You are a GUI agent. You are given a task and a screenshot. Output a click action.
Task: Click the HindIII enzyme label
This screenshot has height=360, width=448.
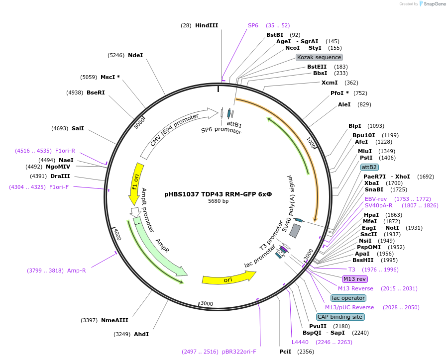207,25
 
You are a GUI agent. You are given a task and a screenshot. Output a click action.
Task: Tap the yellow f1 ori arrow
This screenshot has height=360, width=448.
135,182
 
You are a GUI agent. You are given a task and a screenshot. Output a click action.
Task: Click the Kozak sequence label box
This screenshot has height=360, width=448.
319,57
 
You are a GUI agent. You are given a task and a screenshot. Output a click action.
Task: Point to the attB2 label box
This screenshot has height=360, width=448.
369,167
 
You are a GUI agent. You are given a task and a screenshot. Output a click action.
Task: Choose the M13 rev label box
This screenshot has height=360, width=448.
355,279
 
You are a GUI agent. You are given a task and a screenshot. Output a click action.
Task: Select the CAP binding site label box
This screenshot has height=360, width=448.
340,317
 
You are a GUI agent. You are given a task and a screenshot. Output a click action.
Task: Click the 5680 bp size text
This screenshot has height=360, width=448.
218,201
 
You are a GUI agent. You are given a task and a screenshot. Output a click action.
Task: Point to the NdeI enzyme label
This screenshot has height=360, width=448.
135,55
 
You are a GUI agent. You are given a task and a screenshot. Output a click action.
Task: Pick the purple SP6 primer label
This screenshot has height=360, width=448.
253,25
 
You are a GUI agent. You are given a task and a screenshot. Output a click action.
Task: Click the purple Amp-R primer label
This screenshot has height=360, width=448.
77,270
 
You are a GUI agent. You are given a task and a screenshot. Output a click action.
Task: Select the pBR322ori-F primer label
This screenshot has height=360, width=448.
239,352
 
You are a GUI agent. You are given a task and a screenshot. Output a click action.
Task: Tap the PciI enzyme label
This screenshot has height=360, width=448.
285,352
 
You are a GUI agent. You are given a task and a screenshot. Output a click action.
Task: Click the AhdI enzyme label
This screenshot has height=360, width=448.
141,334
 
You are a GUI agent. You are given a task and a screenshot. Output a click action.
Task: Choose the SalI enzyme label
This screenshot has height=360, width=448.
78,128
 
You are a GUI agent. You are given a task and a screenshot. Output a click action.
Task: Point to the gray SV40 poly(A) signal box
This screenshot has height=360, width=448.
295,230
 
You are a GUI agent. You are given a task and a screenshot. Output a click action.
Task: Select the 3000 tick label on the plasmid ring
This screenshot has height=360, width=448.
206,303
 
